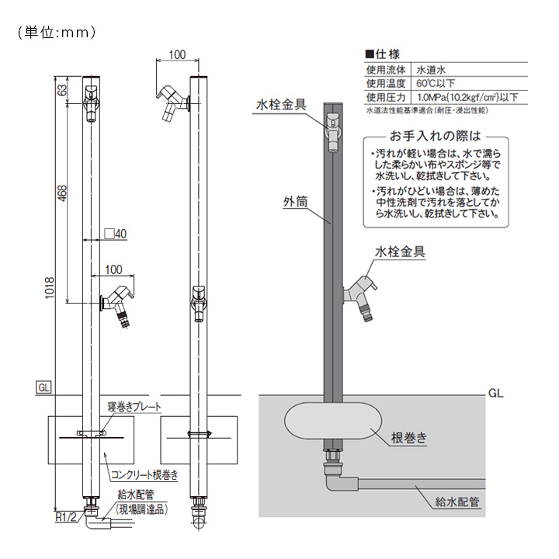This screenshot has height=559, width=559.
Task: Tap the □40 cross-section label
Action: (114, 233)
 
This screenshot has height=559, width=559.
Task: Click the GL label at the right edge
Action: (496, 393)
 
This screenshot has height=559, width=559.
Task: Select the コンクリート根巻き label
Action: (144, 474)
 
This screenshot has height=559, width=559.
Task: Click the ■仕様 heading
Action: (381, 54)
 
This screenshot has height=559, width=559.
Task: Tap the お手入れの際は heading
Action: (440, 134)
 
